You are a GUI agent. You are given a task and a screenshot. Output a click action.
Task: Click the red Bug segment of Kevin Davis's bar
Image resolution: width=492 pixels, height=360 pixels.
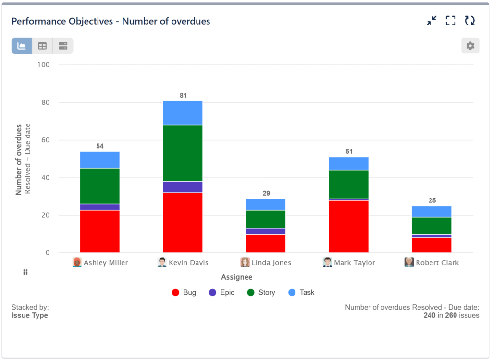183,222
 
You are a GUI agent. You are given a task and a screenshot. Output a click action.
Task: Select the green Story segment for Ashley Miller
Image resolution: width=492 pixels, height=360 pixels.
99,186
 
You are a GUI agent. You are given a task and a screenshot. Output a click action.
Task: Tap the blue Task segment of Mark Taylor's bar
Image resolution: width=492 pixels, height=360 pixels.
348,163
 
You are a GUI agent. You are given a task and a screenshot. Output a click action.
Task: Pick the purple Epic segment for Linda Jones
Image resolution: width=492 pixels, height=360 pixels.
266,231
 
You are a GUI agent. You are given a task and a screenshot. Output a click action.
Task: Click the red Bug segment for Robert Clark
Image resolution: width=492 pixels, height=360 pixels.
431,245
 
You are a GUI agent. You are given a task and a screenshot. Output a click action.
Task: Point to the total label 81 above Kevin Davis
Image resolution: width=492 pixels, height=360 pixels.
183,96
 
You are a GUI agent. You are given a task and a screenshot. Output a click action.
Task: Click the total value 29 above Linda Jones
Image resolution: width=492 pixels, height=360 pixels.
266,193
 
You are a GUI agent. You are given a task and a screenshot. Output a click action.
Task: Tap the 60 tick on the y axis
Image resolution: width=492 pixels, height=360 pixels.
47,140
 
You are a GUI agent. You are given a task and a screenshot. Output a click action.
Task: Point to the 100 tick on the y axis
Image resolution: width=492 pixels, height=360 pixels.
45,65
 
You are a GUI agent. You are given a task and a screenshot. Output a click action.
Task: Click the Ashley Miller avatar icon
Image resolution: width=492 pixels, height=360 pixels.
77,262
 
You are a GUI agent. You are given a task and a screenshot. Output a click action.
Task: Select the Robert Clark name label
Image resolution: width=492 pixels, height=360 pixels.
437,263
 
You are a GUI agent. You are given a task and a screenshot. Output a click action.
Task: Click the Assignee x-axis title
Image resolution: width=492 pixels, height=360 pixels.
236,277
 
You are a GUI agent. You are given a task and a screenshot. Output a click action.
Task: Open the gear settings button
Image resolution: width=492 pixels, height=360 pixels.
470,46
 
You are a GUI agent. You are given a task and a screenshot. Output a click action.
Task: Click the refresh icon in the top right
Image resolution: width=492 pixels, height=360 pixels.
469,21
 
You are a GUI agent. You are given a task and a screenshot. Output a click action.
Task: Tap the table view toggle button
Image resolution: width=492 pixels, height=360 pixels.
42,46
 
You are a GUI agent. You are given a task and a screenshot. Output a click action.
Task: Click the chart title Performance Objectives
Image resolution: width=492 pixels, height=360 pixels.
111,21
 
